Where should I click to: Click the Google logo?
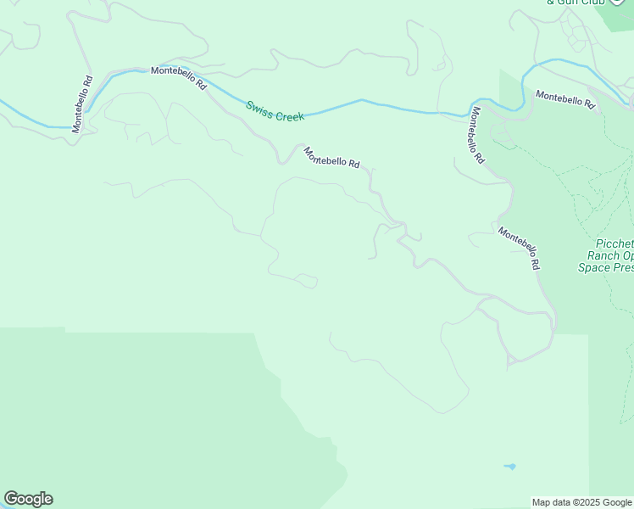28,499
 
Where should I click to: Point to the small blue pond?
509,466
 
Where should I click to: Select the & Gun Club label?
576,3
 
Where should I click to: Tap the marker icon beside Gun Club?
617,2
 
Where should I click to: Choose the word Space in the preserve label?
594,267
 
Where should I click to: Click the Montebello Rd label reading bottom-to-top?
82,105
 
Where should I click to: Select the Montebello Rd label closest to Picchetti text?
519,248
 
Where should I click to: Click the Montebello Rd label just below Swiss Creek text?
331,157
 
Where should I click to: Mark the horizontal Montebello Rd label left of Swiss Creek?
179,78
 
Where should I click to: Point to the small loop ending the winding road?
310,281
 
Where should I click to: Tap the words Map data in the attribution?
550,502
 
